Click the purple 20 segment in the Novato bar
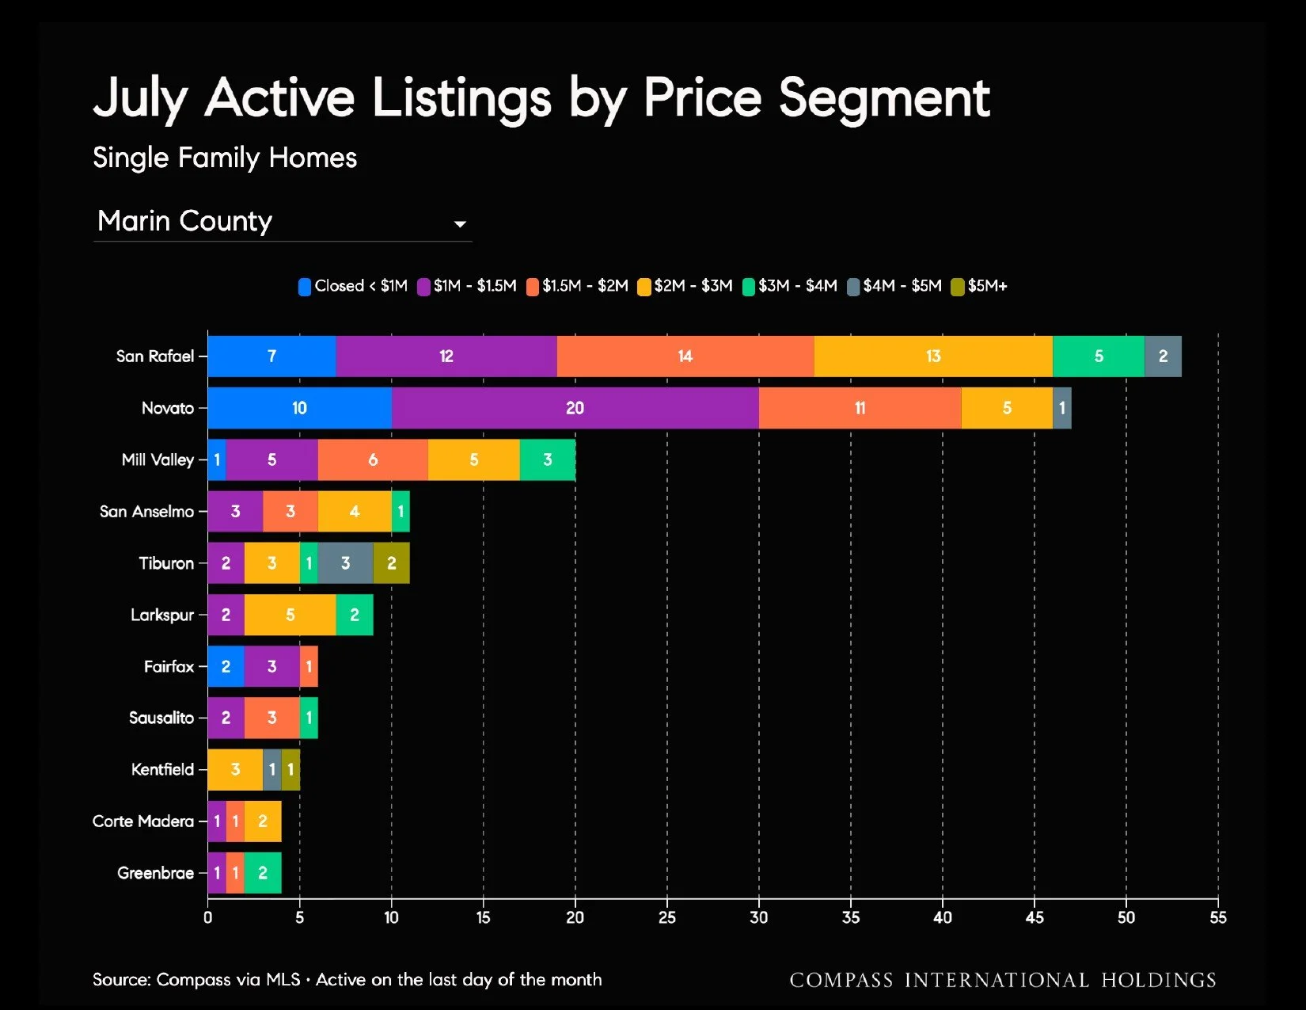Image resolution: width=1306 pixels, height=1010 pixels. pyautogui.click(x=575, y=408)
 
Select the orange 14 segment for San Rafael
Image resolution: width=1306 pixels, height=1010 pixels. pyautogui.click(x=685, y=356)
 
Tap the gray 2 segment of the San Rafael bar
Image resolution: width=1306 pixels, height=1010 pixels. pyautogui.click(x=1163, y=356)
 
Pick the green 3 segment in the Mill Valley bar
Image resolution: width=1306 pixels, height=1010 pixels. pyautogui.click(x=548, y=459)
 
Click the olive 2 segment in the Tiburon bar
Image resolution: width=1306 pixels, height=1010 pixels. pyautogui.click(x=391, y=563)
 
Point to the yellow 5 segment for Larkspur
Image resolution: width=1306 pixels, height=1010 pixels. pyautogui.click(x=290, y=615)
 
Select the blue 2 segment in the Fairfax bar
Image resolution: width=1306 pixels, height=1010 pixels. pyautogui.click(x=226, y=666)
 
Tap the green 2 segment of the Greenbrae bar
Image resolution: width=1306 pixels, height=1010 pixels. pyautogui.click(x=263, y=873)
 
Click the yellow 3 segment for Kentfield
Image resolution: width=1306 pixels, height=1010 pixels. pyautogui.click(x=236, y=769)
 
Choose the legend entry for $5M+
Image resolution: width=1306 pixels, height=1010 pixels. pyautogui.click(x=979, y=286)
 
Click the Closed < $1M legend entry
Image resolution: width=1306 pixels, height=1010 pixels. pyautogui.click(x=353, y=286)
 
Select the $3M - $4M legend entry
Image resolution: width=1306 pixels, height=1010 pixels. pyautogui.click(x=790, y=286)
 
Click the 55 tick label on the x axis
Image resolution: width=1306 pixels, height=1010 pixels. pyautogui.click(x=1218, y=917)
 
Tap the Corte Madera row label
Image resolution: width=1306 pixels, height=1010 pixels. pyautogui.click(x=143, y=821)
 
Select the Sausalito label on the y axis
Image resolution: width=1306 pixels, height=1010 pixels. pyautogui.click(x=161, y=718)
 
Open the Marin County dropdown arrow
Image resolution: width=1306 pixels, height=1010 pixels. pyautogui.click(x=460, y=224)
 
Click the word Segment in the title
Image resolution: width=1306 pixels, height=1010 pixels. pyautogui.click(x=885, y=99)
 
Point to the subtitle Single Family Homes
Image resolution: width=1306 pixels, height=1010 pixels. pyautogui.click(x=225, y=158)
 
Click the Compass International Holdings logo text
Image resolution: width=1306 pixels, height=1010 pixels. pyautogui.click(x=1003, y=980)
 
